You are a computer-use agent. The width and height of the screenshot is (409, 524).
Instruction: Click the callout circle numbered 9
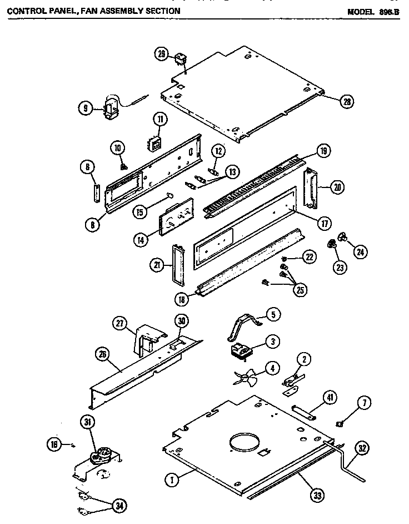84,110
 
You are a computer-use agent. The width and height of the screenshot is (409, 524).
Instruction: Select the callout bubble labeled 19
323,150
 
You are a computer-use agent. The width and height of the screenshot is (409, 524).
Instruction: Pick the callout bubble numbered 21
157,266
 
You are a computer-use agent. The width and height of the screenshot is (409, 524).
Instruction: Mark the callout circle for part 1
173,477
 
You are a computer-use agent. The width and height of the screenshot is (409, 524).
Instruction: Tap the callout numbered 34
118,505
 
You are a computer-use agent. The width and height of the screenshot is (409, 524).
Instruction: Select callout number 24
360,252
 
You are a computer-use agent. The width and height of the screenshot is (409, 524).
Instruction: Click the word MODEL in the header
361,11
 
